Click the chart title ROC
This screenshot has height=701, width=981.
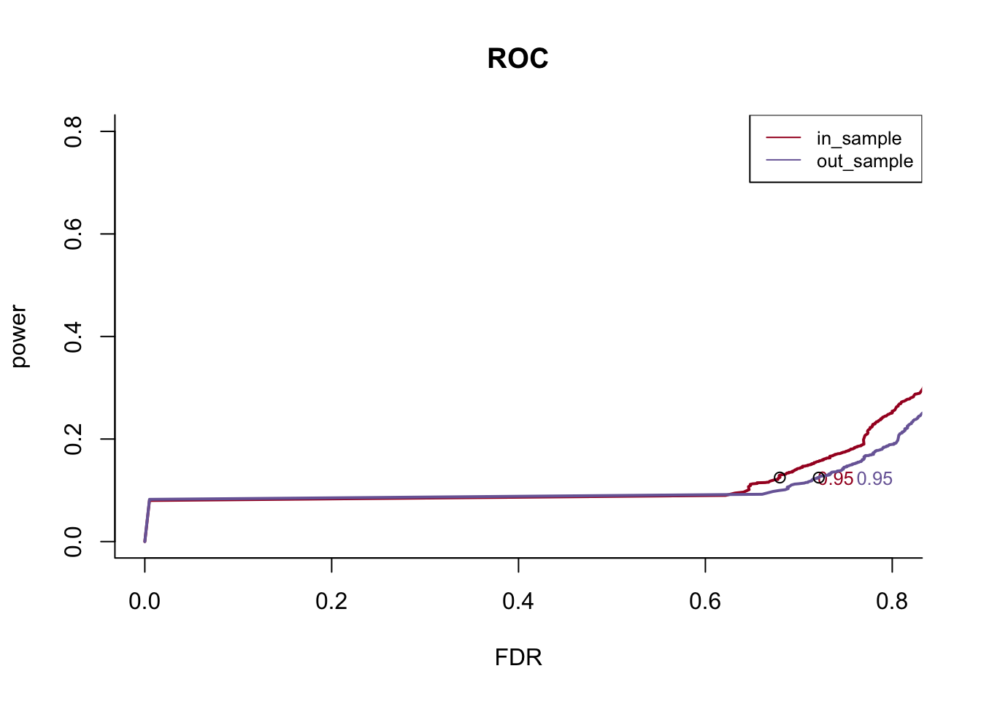point(518,58)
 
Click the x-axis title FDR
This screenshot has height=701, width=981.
point(518,657)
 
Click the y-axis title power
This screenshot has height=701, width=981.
point(19,337)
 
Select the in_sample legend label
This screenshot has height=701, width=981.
point(858,138)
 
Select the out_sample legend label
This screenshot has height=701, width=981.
point(864,161)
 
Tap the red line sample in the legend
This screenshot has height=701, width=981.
point(783,138)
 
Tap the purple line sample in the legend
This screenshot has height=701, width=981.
point(783,161)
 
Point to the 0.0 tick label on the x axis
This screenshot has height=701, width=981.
point(145,601)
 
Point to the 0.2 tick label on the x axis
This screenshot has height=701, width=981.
point(331,601)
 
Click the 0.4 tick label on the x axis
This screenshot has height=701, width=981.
point(518,601)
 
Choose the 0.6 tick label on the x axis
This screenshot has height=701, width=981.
point(705,601)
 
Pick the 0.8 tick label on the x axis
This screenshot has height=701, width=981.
point(892,601)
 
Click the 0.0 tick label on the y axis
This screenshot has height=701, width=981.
point(73,542)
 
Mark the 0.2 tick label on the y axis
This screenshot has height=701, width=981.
point(73,439)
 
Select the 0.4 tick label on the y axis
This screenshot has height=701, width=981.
point(73,337)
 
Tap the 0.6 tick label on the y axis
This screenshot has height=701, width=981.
point(73,234)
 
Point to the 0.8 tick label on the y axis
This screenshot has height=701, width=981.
point(73,131)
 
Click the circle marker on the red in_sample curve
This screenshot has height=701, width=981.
point(780,478)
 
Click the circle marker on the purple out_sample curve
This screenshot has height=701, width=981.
point(820,478)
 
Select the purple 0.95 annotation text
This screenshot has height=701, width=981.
point(874,479)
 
